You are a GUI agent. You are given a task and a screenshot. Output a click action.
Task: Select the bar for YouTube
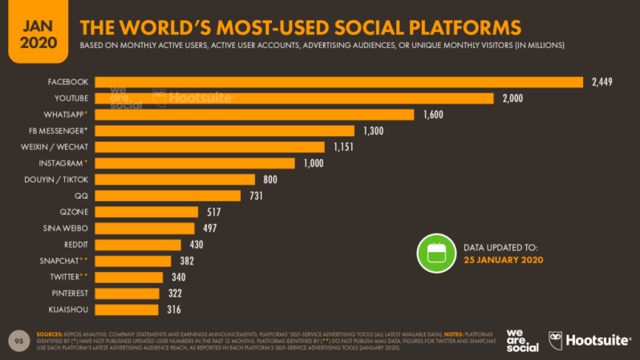pos(294,98)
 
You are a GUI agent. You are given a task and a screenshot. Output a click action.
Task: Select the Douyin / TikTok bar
pos(175,180)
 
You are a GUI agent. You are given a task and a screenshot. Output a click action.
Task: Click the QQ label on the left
pos(80,196)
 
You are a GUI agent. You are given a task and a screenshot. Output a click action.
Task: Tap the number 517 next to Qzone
pos(213,212)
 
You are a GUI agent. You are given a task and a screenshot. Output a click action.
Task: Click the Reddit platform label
pos(75,245)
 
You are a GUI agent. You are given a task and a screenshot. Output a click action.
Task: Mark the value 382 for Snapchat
pos(186,261)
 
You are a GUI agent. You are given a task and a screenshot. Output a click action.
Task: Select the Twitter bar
pos(128,277)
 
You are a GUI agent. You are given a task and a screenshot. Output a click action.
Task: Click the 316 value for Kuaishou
pos(173,309)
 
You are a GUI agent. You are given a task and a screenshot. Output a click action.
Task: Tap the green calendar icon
pos(435,253)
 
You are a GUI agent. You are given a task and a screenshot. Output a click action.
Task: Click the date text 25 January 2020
pos(504,261)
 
